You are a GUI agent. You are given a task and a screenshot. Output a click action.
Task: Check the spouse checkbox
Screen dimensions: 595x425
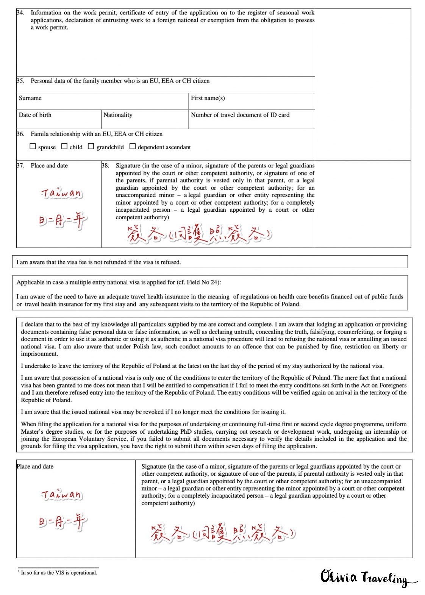coord(33,147)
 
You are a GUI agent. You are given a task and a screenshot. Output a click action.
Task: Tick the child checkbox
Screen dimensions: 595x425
coord(64,147)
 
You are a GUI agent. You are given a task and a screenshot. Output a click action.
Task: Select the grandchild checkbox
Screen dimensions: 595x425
coord(91,147)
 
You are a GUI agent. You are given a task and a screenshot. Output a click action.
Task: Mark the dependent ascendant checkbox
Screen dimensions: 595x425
coord(133,147)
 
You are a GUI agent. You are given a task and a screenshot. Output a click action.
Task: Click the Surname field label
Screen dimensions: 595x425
coord(30,98)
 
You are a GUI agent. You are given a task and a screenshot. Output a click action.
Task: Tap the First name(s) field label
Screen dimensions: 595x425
coord(208,98)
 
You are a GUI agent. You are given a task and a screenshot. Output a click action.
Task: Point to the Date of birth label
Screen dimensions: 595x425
coord(35,115)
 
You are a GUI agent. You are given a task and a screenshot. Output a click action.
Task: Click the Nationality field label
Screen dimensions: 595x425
coord(118,115)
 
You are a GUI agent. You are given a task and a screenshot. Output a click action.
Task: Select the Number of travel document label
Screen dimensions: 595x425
coord(240,115)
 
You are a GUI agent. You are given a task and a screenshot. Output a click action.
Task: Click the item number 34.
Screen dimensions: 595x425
coord(20,12)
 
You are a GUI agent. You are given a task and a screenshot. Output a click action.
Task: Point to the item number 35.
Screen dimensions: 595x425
coord(20,81)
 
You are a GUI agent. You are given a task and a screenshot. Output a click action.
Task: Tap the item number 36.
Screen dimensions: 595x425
coord(20,134)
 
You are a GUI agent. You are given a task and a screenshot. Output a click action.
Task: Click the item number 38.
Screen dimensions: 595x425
coord(105,166)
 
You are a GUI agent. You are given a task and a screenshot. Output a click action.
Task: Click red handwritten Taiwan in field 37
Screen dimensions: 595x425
coord(61,193)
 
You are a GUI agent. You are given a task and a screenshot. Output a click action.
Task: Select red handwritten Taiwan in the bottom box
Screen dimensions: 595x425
coord(61,494)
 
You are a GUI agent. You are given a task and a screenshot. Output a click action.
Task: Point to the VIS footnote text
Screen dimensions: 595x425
coord(58,573)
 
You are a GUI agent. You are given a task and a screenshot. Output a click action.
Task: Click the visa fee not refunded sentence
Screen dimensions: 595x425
coord(98,262)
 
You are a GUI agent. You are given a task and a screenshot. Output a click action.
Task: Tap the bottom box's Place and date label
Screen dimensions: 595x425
coord(35,467)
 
